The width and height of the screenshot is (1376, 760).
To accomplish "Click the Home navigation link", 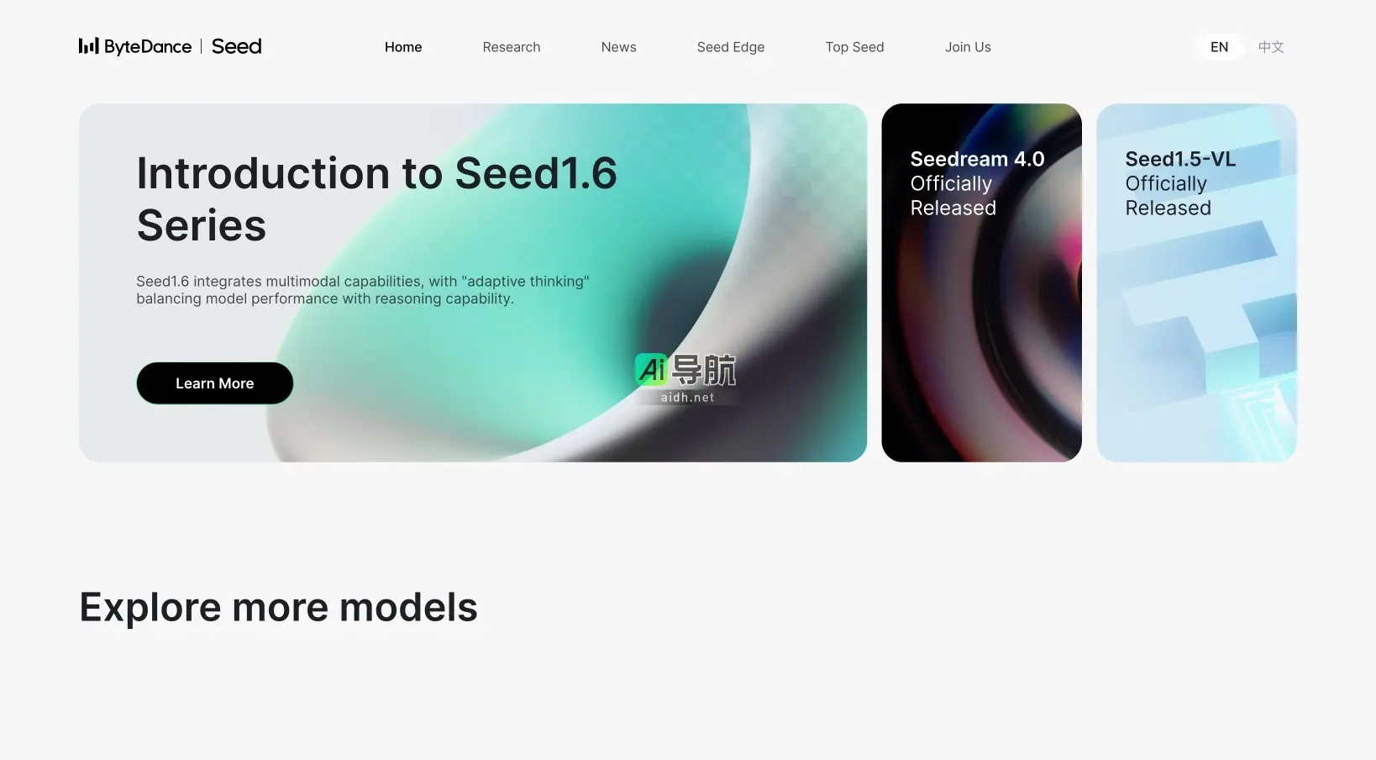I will pos(403,47).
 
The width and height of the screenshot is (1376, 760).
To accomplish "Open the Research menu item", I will pos(511,47).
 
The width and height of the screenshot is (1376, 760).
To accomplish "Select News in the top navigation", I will pos(618,47).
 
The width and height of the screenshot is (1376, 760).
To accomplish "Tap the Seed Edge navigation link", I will pos(730,47).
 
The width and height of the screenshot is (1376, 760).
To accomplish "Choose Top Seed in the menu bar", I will pos(854,47).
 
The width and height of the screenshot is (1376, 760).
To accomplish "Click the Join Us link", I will pos(968,47).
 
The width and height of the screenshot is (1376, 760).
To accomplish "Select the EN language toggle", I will pos(1219,47).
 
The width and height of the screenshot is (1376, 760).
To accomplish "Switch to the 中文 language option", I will pos(1270,47).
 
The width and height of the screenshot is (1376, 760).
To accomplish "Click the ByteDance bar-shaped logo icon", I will pos(88,46).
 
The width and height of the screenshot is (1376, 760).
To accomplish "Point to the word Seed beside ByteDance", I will pos(236,46).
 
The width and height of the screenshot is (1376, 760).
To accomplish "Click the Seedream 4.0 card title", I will pos(977,159).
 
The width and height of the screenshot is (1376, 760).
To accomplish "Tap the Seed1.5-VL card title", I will pos(1180,159).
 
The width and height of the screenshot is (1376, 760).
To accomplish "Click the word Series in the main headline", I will pos(201,225).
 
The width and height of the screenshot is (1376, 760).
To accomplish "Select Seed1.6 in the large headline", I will pos(535,173).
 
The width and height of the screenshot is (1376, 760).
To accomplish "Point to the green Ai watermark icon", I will pos(652,369).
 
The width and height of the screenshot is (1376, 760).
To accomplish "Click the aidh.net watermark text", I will pos(687,398).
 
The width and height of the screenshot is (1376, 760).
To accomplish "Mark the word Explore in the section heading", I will pos(150,607).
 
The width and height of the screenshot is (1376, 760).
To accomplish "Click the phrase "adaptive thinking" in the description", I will pos(525,281).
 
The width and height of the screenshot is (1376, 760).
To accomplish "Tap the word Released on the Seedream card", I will pos(953,208).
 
